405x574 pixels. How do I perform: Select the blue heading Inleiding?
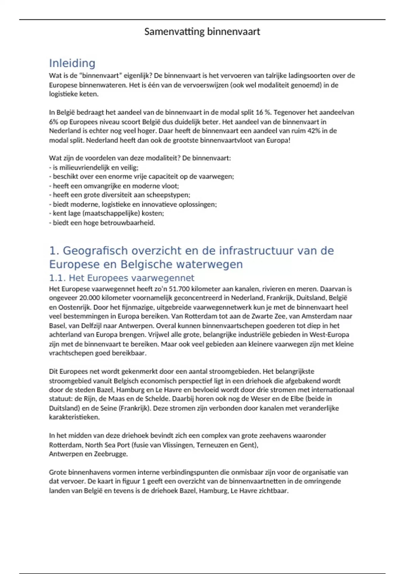[72, 63]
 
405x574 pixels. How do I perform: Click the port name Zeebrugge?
[110, 454]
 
